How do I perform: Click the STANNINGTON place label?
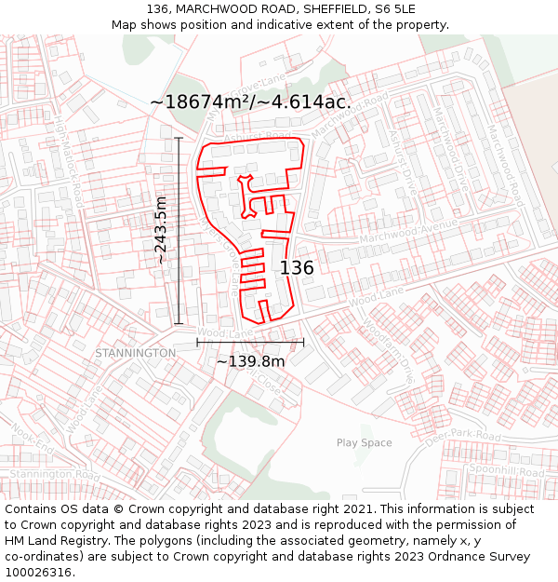pyautogui.click(x=135, y=354)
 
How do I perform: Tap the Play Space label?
pyautogui.click(x=364, y=443)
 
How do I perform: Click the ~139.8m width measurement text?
pyautogui.click(x=250, y=361)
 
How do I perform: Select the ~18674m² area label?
pyautogui.click(x=250, y=102)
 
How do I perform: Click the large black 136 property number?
pyautogui.click(x=297, y=268)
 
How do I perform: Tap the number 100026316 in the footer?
pyautogui.click(x=40, y=572)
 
